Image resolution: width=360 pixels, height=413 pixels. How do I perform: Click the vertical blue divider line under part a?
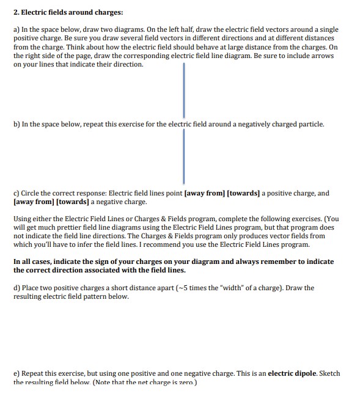point(183,89)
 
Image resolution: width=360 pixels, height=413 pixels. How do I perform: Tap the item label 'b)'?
point(17,124)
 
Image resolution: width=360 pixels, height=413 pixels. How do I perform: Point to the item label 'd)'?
point(17,288)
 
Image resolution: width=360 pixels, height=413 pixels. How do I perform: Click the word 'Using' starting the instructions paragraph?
point(23,219)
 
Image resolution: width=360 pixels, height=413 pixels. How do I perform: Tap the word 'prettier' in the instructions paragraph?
point(92,227)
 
